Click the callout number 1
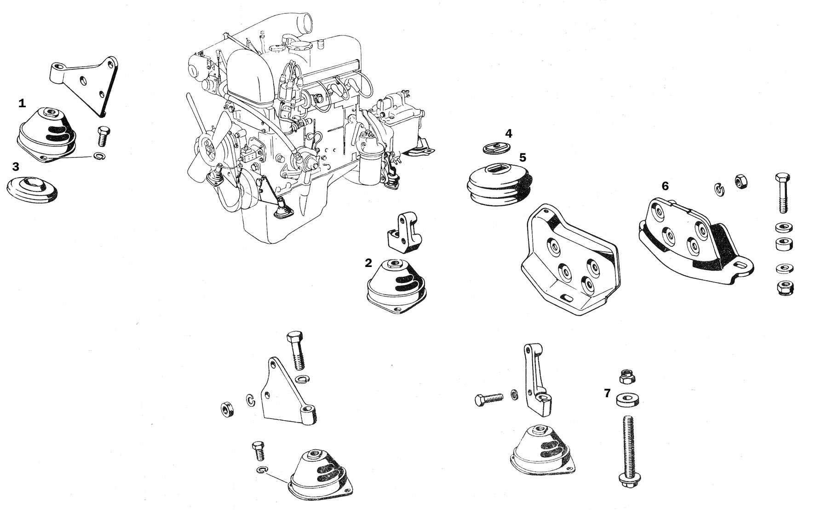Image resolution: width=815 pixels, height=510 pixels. click(x=22, y=104)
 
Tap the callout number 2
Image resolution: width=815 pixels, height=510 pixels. click(x=368, y=263)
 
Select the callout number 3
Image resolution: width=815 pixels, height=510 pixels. click(x=16, y=166)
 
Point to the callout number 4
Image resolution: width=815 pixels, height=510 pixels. click(x=508, y=133)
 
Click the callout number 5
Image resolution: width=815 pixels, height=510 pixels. click(x=522, y=157)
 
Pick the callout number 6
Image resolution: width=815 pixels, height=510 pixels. click(x=665, y=186)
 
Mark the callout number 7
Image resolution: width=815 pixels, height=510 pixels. click(x=608, y=393)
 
